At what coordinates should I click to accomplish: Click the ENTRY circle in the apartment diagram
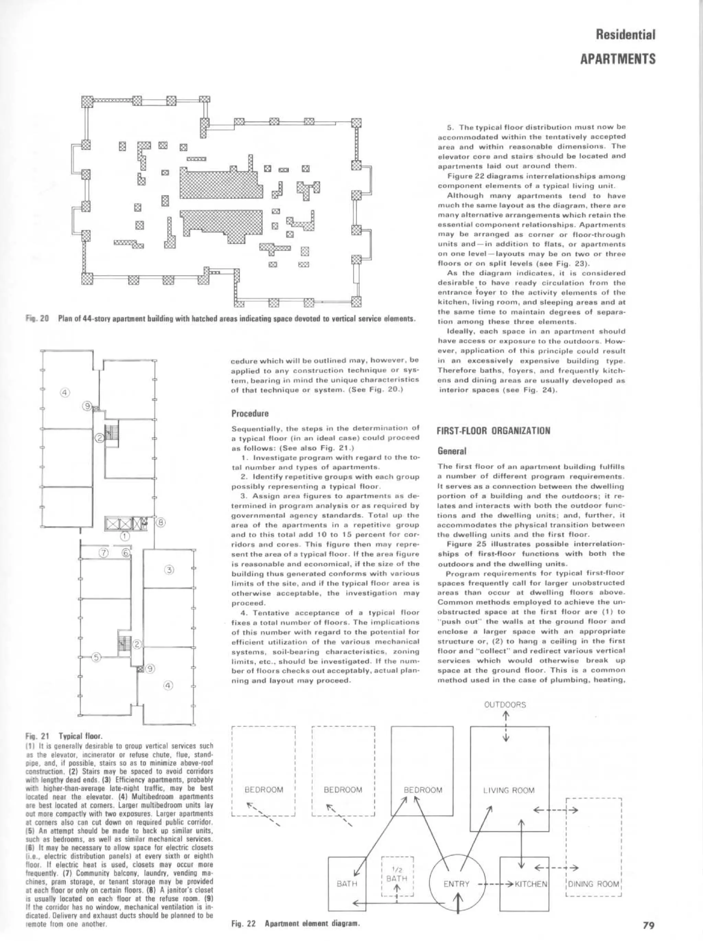pyautogui.click(x=456, y=884)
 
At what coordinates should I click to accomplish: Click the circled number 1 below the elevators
pyautogui.click(x=125, y=536)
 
